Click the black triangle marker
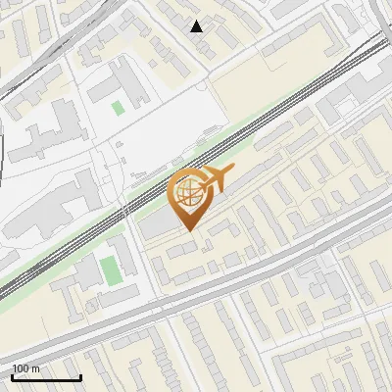click(x=197, y=26)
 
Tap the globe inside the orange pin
click(x=187, y=191)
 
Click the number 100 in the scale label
click(x=21, y=368)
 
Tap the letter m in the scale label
click(x=35, y=368)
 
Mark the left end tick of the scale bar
click(x=13, y=376)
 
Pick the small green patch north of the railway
click(x=119, y=107)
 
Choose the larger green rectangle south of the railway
click(x=109, y=268)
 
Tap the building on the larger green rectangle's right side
click(x=126, y=260)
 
